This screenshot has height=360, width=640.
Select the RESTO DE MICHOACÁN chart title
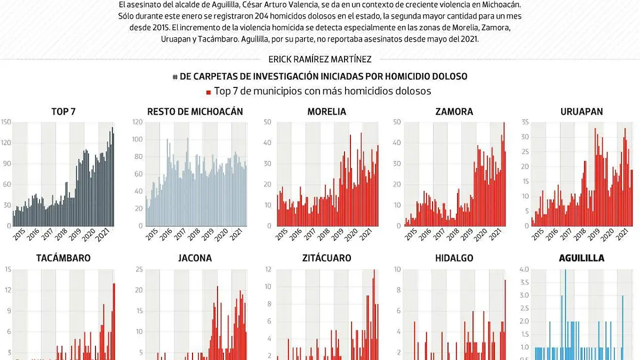click(195, 111)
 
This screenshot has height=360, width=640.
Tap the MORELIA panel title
click(326, 111)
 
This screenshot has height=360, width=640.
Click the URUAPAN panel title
click(581, 111)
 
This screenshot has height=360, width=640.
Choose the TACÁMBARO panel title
click(63, 258)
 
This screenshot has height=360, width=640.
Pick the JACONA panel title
click(195, 258)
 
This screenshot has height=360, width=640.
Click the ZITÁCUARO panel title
click(326, 258)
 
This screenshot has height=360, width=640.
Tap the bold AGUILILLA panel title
click(581, 258)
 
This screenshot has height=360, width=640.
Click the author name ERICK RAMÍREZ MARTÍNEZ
click(320, 60)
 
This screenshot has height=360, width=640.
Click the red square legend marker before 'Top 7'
click(209, 92)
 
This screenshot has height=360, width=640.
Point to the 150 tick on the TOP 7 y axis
click(5, 123)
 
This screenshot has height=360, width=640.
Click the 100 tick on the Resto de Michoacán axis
click(137, 140)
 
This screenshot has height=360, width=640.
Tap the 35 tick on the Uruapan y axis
click(524, 123)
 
